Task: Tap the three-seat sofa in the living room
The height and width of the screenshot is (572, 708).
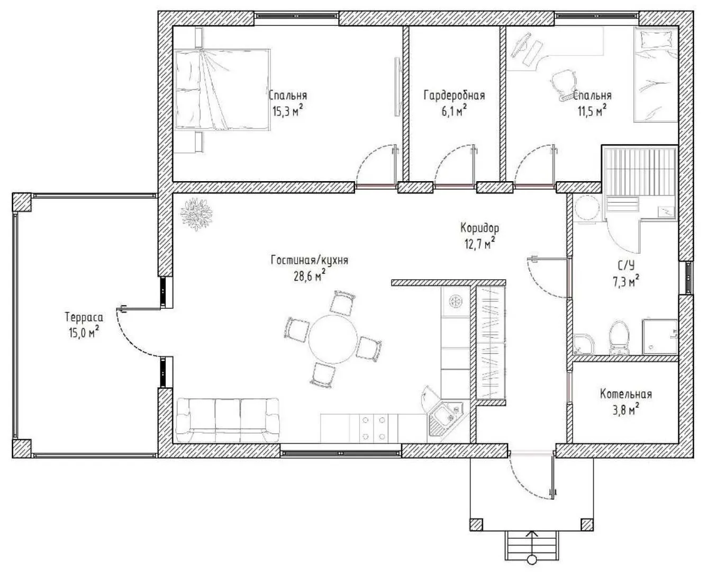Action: click(x=228, y=421)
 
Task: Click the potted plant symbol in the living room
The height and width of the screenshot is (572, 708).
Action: click(x=196, y=214)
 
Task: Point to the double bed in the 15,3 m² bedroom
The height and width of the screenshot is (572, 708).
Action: click(x=222, y=89)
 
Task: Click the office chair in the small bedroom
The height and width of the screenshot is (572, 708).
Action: click(x=564, y=85)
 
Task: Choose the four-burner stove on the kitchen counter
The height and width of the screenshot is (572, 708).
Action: click(x=374, y=428)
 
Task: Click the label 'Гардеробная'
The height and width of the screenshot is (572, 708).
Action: click(x=454, y=95)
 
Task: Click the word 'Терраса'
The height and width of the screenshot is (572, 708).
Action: click(x=84, y=317)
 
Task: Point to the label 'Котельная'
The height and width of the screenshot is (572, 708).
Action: click(x=625, y=395)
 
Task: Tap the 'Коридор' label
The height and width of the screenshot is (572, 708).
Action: click(x=479, y=228)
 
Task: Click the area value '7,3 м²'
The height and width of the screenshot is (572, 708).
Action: click(x=626, y=282)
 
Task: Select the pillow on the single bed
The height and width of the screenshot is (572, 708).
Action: click(x=648, y=42)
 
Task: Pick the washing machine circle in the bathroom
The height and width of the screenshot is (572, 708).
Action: click(x=586, y=209)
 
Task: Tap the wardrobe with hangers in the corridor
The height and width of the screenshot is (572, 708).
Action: click(x=491, y=342)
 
